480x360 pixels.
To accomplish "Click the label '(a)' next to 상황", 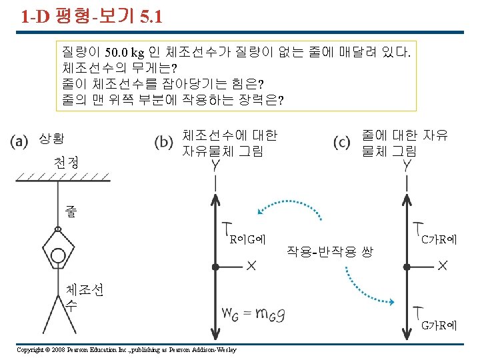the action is click(x=20, y=141).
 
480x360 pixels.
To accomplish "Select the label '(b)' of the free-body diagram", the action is click(x=164, y=141).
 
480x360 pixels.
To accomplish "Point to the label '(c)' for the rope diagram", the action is click(x=342, y=141).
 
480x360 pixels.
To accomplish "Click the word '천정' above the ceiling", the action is click(x=66, y=162).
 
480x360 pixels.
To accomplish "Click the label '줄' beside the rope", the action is click(x=71, y=211).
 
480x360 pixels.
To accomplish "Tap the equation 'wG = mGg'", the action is click(x=255, y=313).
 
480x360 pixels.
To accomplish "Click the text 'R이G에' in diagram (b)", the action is click(x=247, y=238).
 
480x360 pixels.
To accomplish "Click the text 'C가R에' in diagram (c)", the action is click(x=439, y=238).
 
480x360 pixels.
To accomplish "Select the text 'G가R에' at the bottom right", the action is click(x=439, y=325).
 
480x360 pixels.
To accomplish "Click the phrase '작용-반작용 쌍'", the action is click(x=329, y=251).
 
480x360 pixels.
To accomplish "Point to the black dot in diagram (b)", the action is click(x=215, y=267).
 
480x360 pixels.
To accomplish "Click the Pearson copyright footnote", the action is click(x=127, y=350).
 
